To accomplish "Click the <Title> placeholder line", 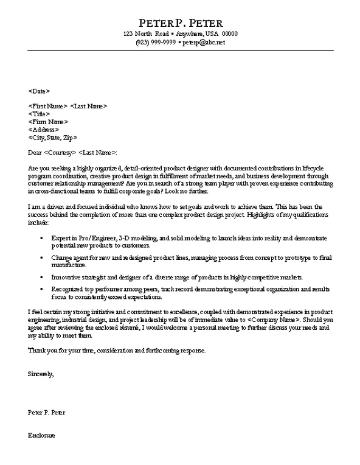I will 39,114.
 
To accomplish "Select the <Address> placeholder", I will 44,130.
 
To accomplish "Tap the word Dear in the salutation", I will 35,152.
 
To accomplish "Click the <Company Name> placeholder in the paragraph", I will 274,320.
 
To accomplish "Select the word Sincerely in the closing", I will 41,374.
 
